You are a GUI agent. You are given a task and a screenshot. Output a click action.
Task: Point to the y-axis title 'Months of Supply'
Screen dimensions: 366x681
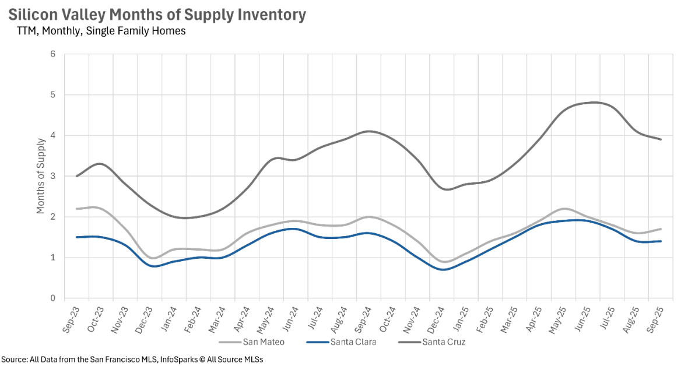pos(41,176)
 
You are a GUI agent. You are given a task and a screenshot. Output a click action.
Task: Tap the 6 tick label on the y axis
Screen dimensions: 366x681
pos(52,54)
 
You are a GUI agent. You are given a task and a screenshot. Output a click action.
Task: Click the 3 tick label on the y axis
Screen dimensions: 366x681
pos(52,176)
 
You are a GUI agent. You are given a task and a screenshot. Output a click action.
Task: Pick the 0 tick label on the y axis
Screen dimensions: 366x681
pos(52,298)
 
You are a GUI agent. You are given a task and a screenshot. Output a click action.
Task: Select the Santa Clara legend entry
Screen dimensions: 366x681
pos(350,342)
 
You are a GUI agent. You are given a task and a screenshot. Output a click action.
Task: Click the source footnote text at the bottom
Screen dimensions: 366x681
pos(132,359)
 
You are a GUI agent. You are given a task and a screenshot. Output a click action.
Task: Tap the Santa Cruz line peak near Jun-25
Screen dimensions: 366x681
pos(592,103)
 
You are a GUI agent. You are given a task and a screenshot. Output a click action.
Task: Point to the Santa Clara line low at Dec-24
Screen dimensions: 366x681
pos(442,269)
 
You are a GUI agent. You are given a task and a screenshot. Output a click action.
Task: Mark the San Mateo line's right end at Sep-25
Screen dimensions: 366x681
pos(661,229)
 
